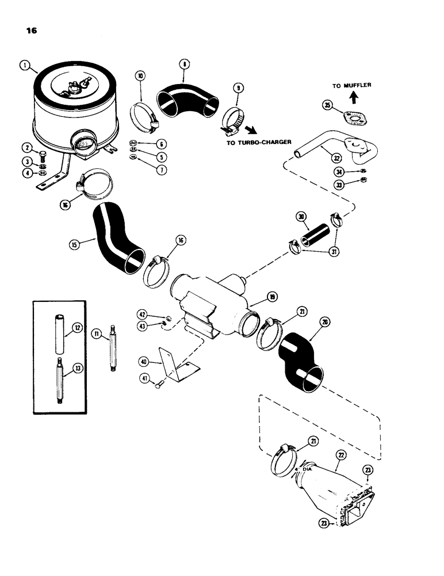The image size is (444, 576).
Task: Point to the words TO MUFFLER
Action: pyautogui.click(x=351, y=85)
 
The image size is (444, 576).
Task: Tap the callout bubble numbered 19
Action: pyautogui.click(x=270, y=297)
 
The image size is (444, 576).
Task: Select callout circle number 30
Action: pyautogui.click(x=300, y=217)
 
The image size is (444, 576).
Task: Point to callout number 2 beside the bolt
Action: pyautogui.click(x=26, y=149)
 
